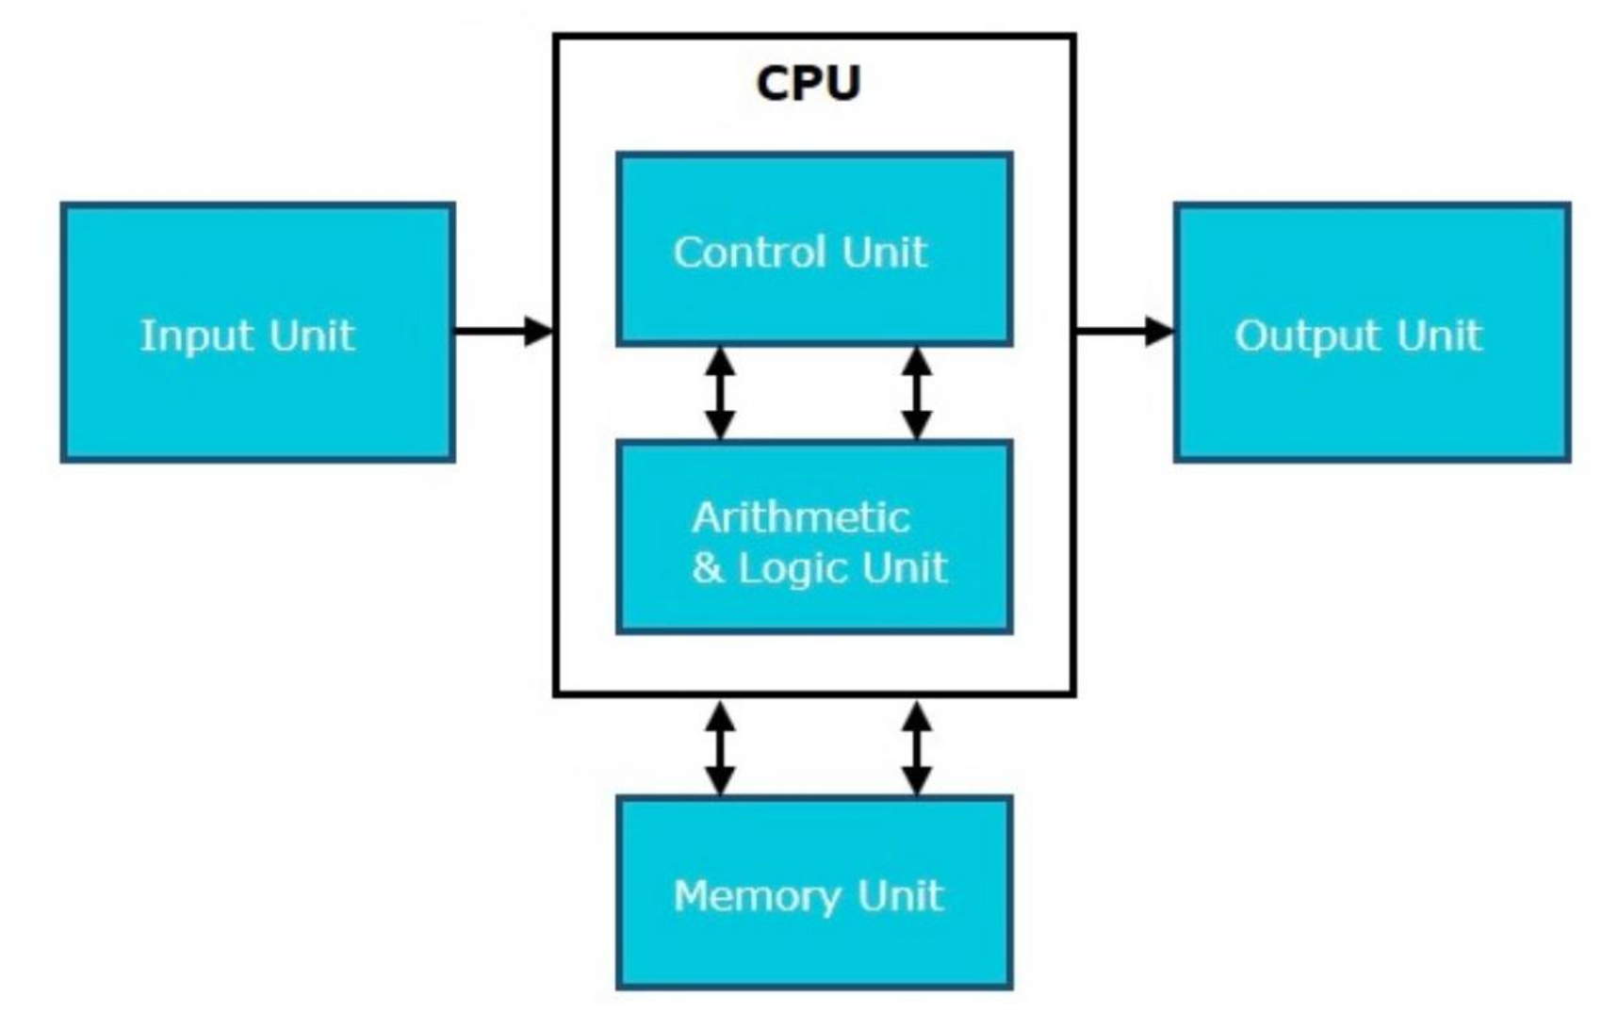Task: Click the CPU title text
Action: click(809, 83)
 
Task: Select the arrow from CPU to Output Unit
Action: click(1123, 331)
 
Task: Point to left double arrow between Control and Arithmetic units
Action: click(720, 393)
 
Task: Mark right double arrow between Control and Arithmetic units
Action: click(917, 393)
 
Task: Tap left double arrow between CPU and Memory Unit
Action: click(720, 747)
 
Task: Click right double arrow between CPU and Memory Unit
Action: click(917, 747)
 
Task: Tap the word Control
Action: click(750, 252)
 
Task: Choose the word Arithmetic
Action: click(801, 517)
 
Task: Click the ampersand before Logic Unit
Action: click(708, 567)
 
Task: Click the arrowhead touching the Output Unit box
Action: click(1160, 331)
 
